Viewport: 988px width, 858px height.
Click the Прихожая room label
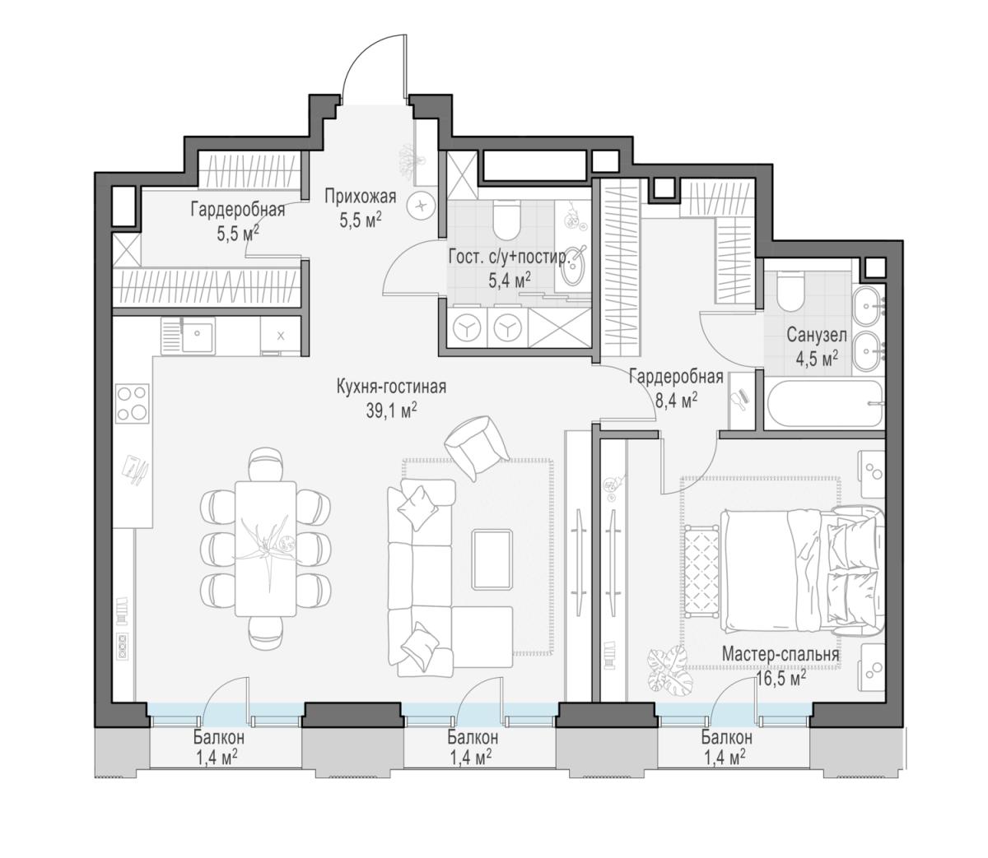click(x=360, y=197)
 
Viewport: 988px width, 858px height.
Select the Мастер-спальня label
click(x=781, y=654)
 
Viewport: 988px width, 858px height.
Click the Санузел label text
click(x=816, y=335)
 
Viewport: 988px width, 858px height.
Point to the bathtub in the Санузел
click(x=824, y=404)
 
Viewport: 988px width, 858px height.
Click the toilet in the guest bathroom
click(x=506, y=220)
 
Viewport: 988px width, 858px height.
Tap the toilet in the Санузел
click(x=790, y=290)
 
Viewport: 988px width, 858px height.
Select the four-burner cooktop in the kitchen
click(x=132, y=403)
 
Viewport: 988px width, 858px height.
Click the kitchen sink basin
click(x=197, y=335)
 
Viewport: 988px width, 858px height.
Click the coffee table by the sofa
click(x=492, y=559)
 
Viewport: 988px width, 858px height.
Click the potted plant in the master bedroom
click(x=671, y=672)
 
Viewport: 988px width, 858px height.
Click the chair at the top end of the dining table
click(x=265, y=464)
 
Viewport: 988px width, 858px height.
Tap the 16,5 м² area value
click(x=780, y=679)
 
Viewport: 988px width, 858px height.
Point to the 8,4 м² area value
click(x=676, y=400)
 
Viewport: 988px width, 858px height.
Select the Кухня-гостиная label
click(x=391, y=387)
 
